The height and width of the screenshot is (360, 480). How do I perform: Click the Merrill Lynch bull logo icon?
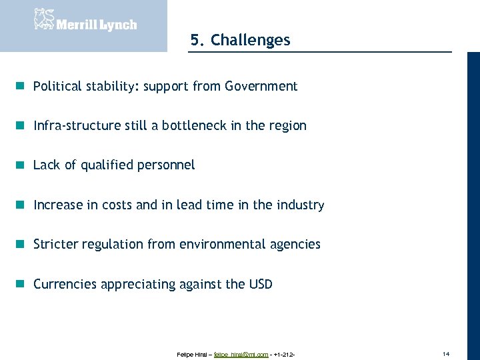pos(43,19)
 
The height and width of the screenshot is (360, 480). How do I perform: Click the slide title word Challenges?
pos(251,40)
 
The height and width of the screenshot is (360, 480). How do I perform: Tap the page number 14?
pos(446,352)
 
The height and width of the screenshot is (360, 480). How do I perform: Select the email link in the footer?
pos(241,354)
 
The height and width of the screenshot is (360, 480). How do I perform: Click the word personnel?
pos(166,165)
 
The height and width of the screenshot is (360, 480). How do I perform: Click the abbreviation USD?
pos(261,284)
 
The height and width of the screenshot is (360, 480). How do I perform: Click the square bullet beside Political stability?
pos(21,86)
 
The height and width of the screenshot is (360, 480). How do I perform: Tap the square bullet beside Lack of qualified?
pos(21,165)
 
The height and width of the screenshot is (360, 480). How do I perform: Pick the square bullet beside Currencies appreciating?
pos(21,284)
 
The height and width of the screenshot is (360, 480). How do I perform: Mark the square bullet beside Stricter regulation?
pos(21,244)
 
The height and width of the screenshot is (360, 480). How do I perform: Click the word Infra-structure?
pos(77,126)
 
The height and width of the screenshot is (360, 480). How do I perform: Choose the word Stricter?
pos(55,245)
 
